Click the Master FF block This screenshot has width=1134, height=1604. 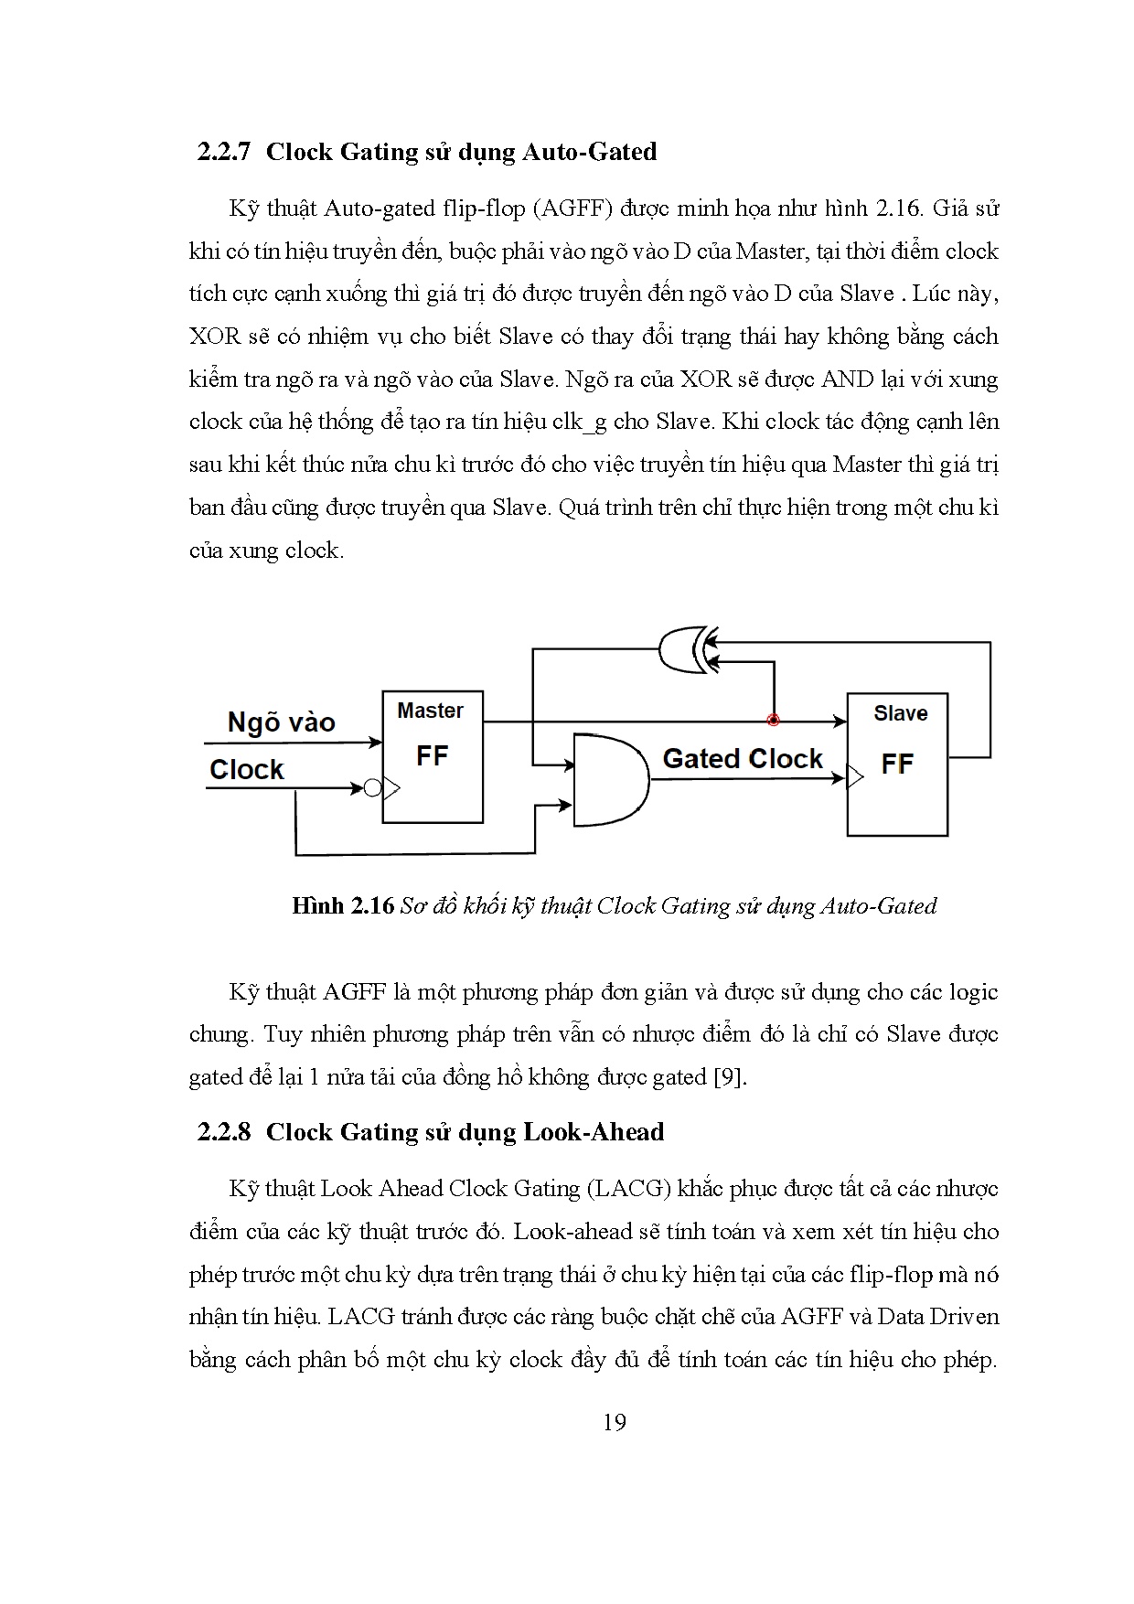click(432, 756)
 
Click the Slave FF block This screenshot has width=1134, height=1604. click(897, 764)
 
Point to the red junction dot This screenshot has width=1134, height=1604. click(774, 721)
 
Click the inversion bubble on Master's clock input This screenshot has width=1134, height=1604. click(372, 787)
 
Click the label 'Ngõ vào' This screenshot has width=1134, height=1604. click(281, 722)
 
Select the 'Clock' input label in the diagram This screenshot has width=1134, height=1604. click(247, 769)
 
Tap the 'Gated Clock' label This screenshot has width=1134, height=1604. click(742, 758)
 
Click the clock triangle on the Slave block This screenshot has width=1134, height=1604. click(855, 778)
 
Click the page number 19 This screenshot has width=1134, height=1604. click(615, 1422)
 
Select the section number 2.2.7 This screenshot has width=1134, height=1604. click(223, 151)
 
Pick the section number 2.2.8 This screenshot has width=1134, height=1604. click(223, 1132)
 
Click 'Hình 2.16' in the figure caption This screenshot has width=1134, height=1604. click(342, 905)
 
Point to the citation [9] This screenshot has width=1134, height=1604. click(731, 1076)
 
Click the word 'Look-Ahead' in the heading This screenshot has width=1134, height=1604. click(594, 1132)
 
